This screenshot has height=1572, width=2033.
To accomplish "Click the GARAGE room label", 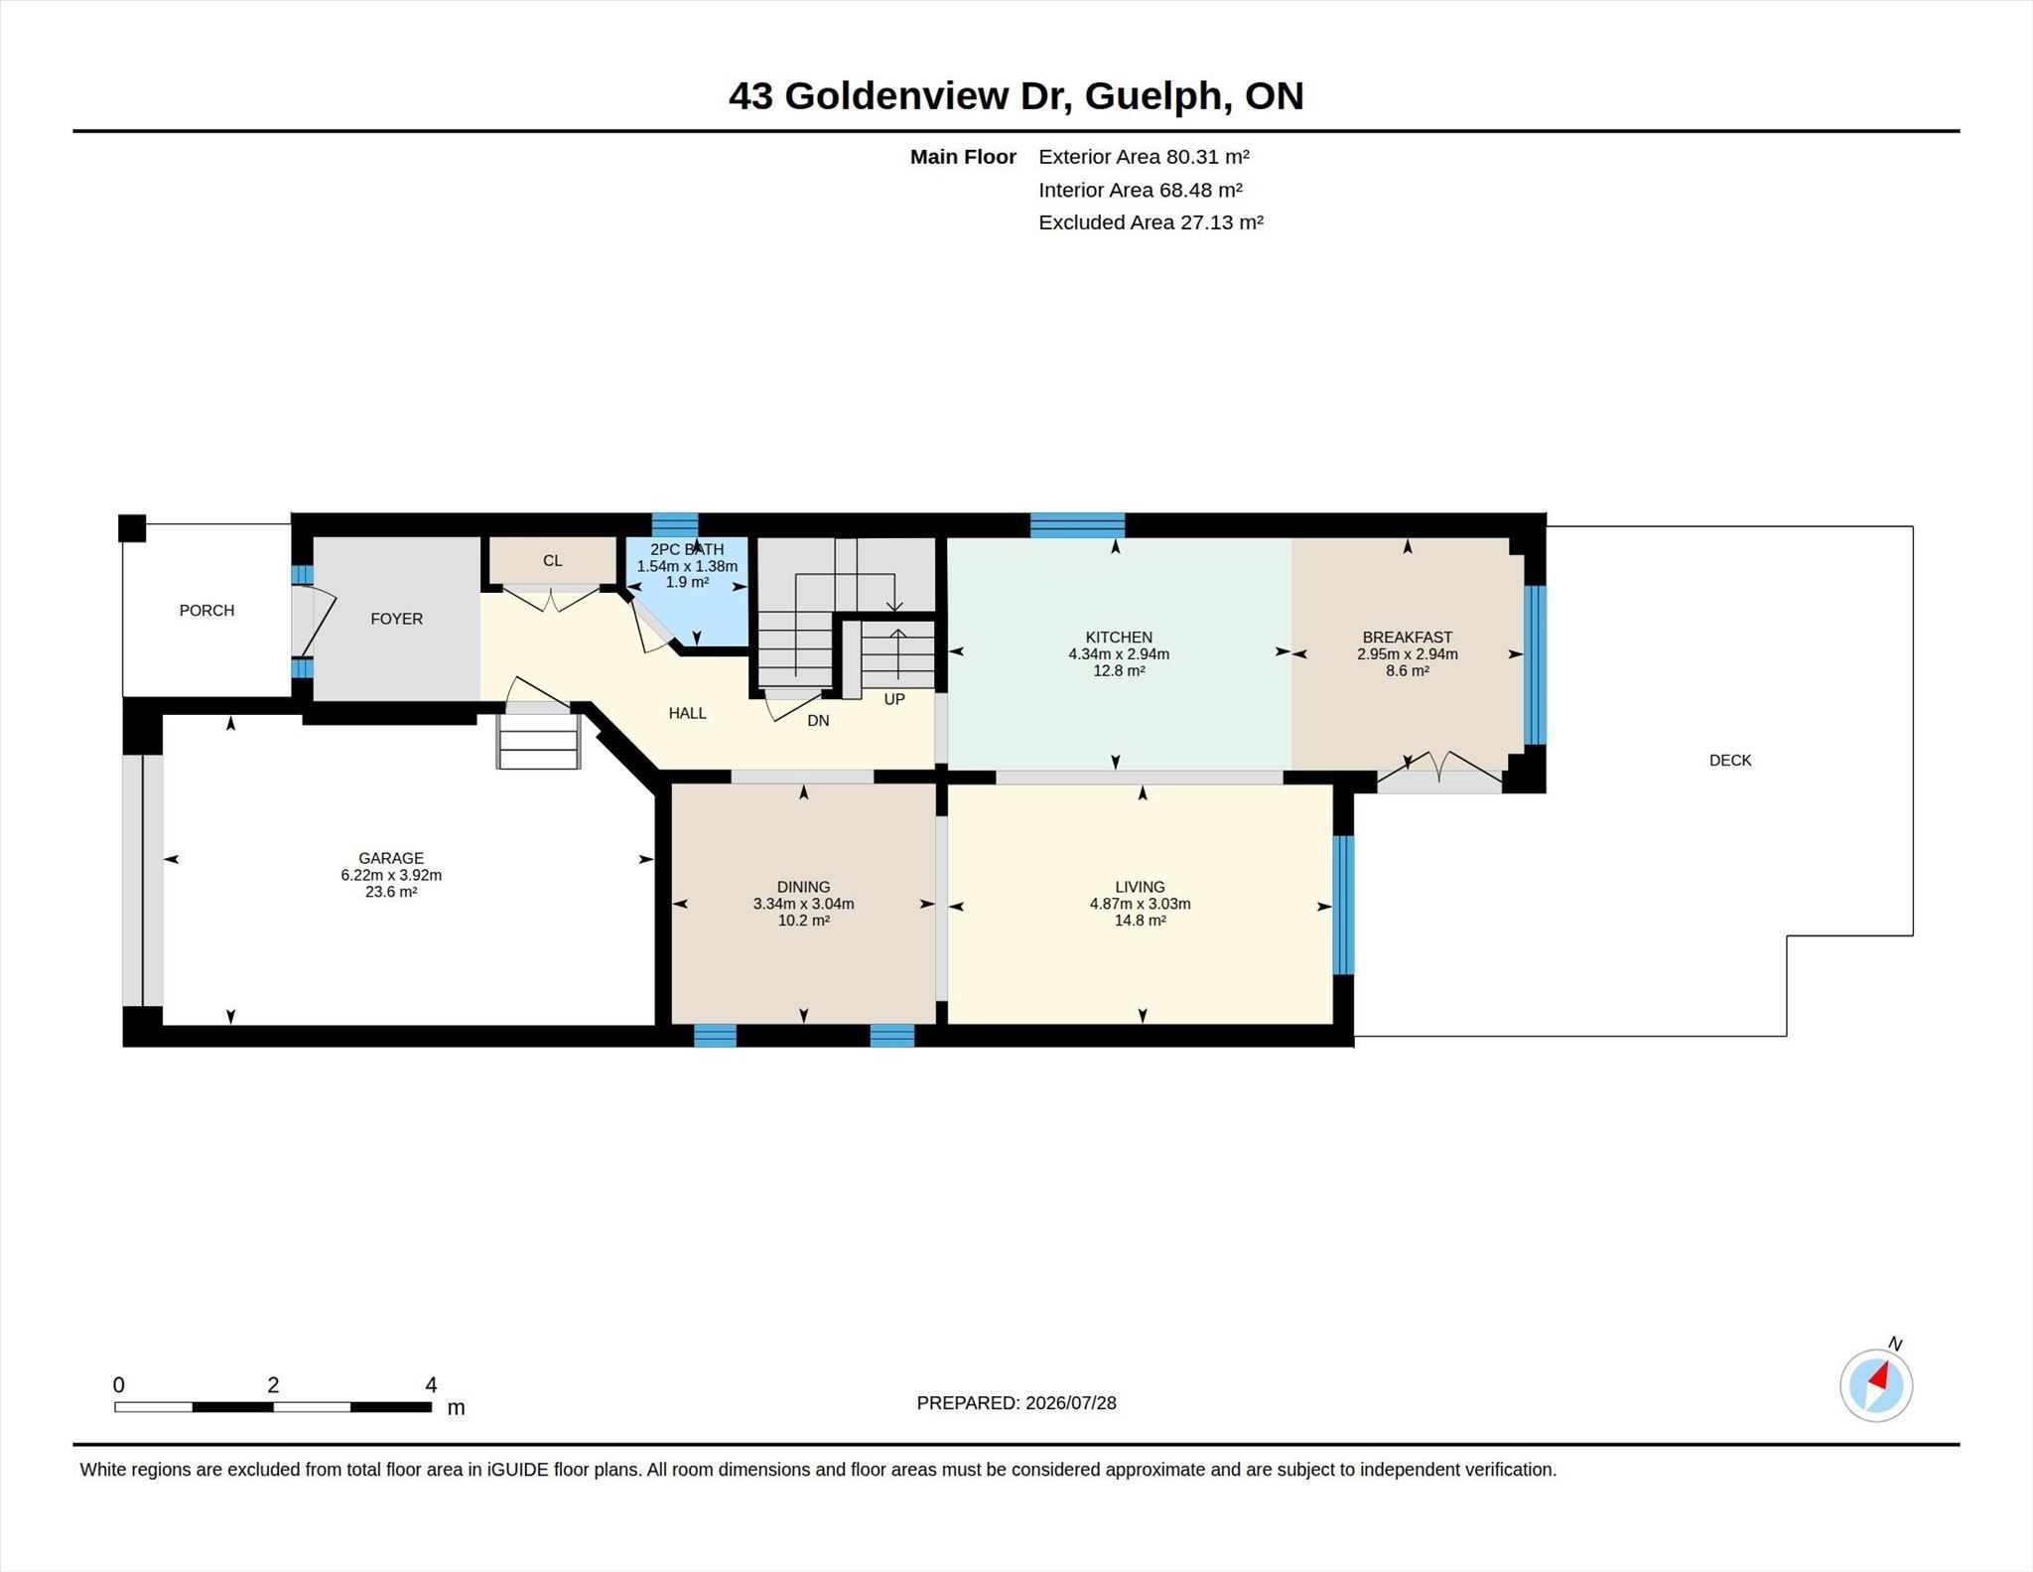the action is click(391, 858).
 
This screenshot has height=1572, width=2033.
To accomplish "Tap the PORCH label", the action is click(206, 610).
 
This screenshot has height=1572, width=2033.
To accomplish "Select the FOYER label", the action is click(396, 619).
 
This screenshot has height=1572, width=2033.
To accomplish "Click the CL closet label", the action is click(553, 560).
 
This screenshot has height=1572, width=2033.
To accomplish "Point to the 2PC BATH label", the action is click(687, 549).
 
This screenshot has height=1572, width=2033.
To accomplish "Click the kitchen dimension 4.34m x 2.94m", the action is click(1119, 654).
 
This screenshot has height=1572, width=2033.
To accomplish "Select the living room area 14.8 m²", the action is click(1140, 921).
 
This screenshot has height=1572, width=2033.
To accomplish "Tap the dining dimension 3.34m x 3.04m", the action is click(803, 904).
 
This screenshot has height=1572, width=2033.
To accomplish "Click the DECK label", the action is click(1730, 760).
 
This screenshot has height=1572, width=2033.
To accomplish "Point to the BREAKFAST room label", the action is click(1407, 638).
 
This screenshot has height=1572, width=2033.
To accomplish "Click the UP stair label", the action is click(894, 699).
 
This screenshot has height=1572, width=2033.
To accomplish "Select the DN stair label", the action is click(818, 720).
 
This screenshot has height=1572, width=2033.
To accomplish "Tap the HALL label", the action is click(687, 713).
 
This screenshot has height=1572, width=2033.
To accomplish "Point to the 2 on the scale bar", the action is click(273, 1384).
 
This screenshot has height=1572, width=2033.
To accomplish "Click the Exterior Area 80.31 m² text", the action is click(1144, 156).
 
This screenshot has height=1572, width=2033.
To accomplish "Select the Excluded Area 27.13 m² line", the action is click(1151, 221).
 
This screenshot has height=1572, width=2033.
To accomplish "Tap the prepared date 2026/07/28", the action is click(1071, 1402).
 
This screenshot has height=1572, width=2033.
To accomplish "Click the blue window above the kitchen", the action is click(1077, 524).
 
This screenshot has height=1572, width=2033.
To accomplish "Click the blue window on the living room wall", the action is click(1343, 905).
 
